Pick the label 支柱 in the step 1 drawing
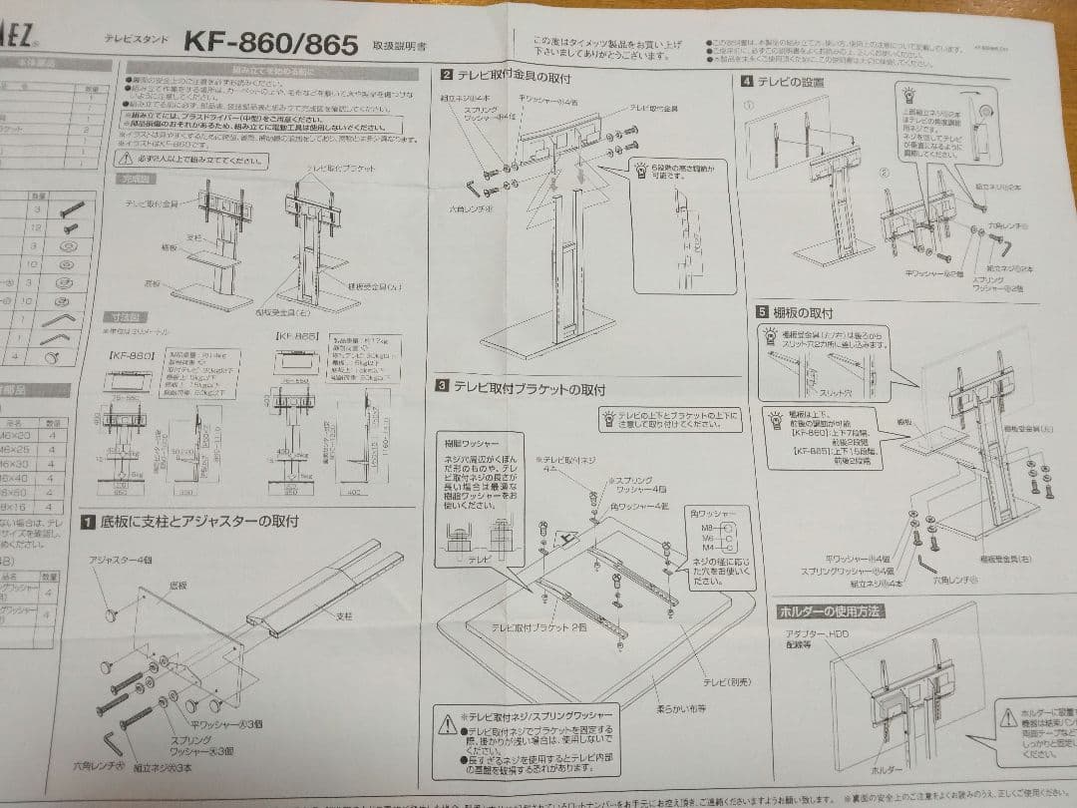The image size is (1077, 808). [x=345, y=615]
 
